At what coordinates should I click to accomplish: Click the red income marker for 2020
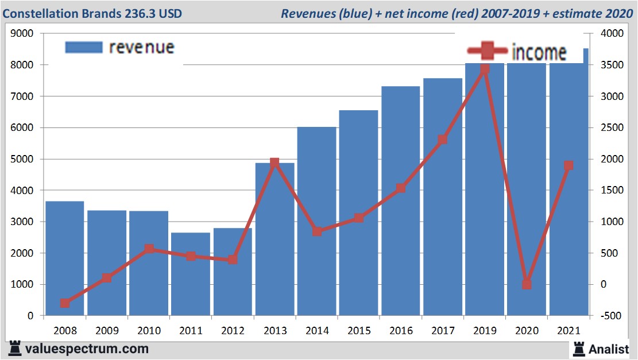click(x=527, y=284)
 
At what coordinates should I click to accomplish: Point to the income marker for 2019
click(x=485, y=69)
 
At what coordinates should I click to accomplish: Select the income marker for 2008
click(x=65, y=303)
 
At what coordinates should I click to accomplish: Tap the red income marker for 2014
click(x=316, y=231)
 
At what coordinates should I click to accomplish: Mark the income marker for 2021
click(x=569, y=165)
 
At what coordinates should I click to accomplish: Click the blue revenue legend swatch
click(x=84, y=47)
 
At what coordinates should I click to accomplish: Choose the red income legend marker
click(x=487, y=52)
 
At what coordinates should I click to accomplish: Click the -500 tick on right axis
click(x=609, y=316)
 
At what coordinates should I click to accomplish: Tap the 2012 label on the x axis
click(x=233, y=331)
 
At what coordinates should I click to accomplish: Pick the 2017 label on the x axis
click(x=442, y=331)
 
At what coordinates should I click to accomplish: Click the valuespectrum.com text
click(x=87, y=349)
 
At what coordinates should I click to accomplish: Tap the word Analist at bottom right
click(x=609, y=349)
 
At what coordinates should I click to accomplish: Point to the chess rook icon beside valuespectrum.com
click(x=15, y=348)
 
